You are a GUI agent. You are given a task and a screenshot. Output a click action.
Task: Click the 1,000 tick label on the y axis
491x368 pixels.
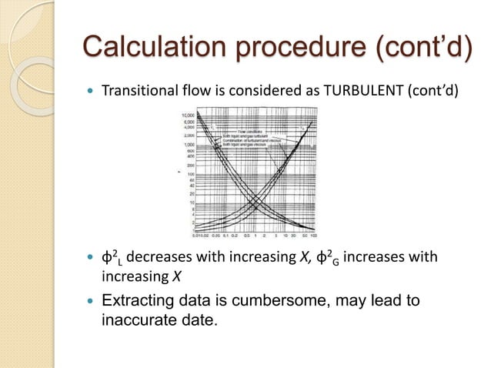(x=187, y=144)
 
